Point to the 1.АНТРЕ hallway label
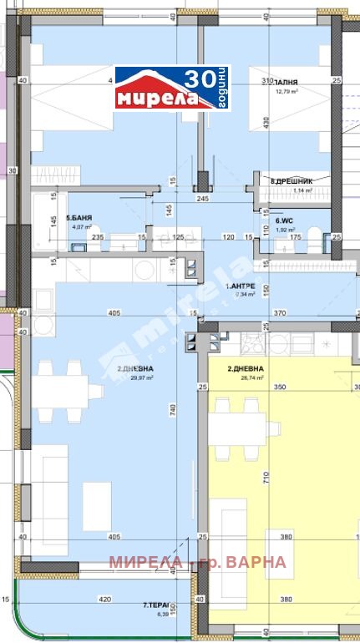pos(243,286)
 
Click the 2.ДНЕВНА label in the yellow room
pos(246,368)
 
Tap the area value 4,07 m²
pos(80,226)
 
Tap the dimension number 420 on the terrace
pos(105,599)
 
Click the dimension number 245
pos(202,199)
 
